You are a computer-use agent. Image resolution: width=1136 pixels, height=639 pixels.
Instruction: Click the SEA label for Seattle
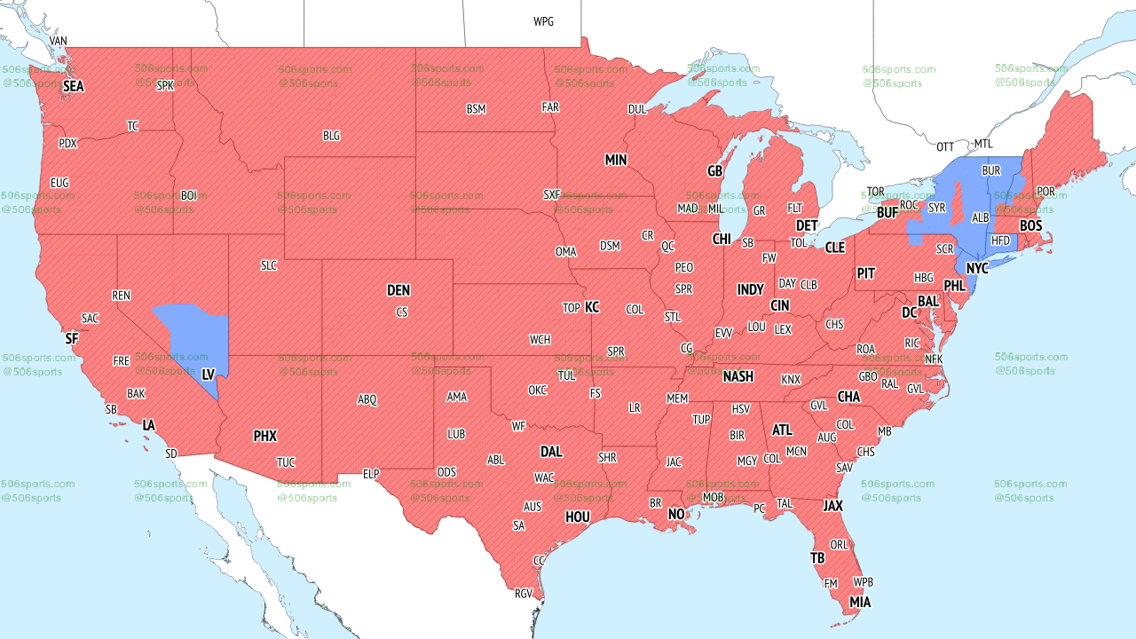[73, 87]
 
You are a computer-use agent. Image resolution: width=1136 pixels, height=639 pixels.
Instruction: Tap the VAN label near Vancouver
[59, 41]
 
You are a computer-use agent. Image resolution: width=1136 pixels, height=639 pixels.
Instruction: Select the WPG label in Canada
[543, 21]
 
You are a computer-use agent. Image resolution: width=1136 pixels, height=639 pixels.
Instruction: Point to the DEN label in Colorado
[398, 290]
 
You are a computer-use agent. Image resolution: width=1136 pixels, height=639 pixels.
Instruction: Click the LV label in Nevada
[209, 375]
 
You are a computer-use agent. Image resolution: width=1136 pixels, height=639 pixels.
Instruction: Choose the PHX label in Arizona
[265, 436]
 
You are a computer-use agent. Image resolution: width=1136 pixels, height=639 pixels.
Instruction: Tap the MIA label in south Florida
[860, 603]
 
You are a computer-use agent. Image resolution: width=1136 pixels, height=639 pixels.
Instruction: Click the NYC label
[977, 268]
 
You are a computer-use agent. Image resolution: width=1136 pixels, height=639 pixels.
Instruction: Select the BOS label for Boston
[1030, 226]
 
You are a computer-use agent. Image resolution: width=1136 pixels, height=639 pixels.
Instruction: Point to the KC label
[592, 307]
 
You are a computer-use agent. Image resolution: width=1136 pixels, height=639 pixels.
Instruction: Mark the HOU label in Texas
[578, 517]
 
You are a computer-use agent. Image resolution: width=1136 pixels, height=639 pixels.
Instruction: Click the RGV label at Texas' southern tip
[524, 594]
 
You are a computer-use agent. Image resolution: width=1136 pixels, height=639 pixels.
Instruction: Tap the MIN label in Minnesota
[616, 160]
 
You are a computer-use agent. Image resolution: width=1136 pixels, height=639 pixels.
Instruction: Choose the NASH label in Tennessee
[738, 376]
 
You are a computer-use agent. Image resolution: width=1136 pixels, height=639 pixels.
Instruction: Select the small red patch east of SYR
[958, 203]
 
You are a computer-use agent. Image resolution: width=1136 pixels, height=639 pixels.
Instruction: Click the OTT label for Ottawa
[945, 146]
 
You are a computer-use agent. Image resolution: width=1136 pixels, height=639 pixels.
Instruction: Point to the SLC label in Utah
[269, 264]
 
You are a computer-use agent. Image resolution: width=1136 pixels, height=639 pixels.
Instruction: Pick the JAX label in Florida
[832, 506]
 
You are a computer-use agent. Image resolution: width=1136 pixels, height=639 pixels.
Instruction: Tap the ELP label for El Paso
[371, 474]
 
